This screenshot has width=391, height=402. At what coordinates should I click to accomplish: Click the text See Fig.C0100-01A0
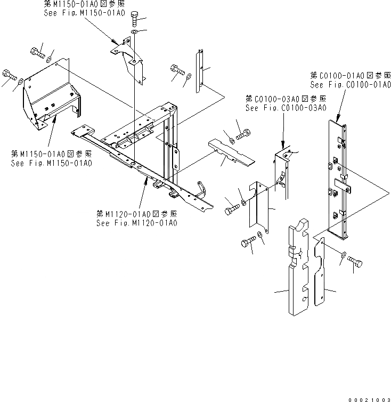click(x=351, y=85)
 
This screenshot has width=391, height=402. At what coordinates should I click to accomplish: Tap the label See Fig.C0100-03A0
click(x=286, y=108)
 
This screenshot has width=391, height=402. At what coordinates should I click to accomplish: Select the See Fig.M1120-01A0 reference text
click(x=137, y=223)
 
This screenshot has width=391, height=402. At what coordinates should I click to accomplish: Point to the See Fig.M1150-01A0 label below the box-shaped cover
click(x=51, y=162)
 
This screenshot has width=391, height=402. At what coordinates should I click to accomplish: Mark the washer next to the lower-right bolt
click(x=343, y=255)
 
